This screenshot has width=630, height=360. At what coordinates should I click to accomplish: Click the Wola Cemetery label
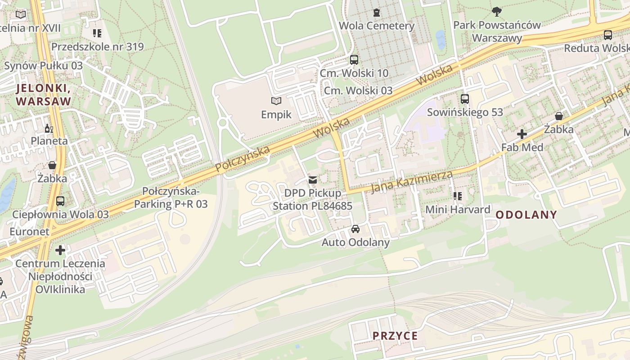tap(376, 26)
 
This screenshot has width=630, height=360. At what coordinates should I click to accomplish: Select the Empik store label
tap(276, 115)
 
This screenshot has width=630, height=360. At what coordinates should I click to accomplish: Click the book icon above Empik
tap(276, 101)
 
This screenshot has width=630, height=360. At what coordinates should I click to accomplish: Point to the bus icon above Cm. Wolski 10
tap(354, 59)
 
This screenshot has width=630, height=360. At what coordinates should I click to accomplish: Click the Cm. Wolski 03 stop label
tap(358, 90)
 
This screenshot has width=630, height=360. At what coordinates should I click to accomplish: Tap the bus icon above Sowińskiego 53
tap(465, 99)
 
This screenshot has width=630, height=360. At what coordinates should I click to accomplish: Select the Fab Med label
tap(522, 147)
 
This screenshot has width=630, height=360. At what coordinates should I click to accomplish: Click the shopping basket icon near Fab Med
tap(558, 116)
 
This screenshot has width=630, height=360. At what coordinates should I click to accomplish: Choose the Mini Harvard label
tap(458, 209)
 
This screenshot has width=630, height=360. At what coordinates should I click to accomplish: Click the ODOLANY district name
tap(526, 215)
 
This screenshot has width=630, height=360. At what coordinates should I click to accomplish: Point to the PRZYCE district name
tap(395, 336)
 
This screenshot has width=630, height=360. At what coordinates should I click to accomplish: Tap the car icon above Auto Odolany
tap(355, 229)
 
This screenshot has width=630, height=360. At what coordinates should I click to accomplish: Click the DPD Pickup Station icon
tap(313, 180)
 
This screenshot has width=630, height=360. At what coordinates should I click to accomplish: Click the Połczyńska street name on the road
tap(242, 159)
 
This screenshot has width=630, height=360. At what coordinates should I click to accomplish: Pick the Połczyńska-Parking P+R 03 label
tap(171, 198)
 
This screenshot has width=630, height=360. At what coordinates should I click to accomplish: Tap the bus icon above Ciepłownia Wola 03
tap(60, 201)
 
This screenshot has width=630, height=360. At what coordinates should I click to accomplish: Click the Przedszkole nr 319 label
tap(97, 47)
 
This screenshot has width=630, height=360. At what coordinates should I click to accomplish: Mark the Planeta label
tap(49, 141)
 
